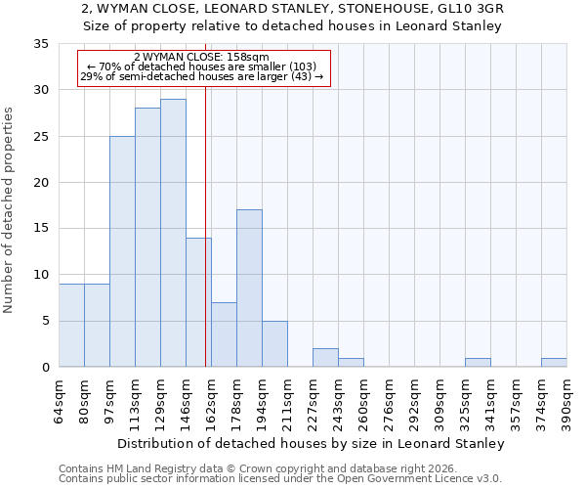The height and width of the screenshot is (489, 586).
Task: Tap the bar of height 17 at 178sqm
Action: click(x=249, y=289)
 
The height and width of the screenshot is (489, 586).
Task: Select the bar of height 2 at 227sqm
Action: click(x=325, y=358)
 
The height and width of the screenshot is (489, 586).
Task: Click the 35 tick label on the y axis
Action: click(x=41, y=44)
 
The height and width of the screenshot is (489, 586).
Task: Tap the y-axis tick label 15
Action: click(x=41, y=229)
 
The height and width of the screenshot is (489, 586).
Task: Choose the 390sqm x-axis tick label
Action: click(x=567, y=402)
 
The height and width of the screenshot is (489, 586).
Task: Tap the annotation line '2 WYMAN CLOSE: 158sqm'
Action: click(x=201, y=58)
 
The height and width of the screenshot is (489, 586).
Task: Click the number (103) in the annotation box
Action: click(x=297, y=67)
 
